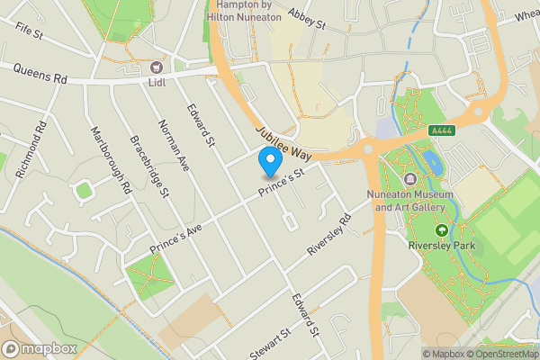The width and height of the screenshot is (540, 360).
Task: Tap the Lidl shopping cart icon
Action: pyautogui.click(x=157, y=67)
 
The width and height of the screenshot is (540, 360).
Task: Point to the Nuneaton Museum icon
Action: pyautogui.click(x=411, y=178)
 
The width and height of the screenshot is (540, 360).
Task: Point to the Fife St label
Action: pyautogui.click(x=29, y=31)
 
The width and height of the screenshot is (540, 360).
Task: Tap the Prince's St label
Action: pyautogui.click(x=283, y=185)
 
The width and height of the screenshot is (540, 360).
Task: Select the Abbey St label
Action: pyautogui.click(x=306, y=20)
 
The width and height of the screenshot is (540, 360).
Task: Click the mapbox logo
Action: pyautogui.click(x=38, y=348)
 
